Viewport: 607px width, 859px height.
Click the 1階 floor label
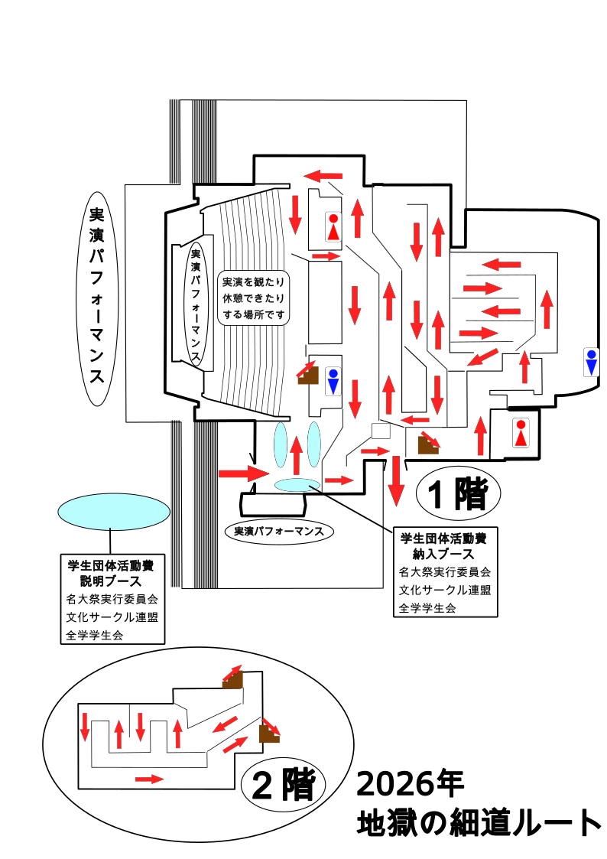[457, 495]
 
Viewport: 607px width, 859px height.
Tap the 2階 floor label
[284, 784]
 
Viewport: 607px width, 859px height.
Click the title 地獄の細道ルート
[479, 823]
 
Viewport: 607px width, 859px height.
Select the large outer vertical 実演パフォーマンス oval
[97, 298]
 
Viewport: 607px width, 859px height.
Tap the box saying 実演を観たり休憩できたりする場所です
[254, 298]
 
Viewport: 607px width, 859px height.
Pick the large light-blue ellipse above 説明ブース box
[113, 511]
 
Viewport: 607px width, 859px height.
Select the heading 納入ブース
[443, 553]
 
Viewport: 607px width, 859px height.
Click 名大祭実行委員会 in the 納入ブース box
[444, 571]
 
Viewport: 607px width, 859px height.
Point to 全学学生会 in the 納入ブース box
[427, 608]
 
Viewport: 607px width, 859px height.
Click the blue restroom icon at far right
[591, 362]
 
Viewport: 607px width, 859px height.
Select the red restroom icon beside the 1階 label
[521, 433]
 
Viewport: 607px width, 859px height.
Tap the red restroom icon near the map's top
[333, 227]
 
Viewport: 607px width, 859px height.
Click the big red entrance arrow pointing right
[244, 473]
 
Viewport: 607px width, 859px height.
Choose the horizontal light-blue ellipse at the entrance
[297, 483]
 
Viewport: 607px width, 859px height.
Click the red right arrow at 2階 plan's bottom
[149, 779]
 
